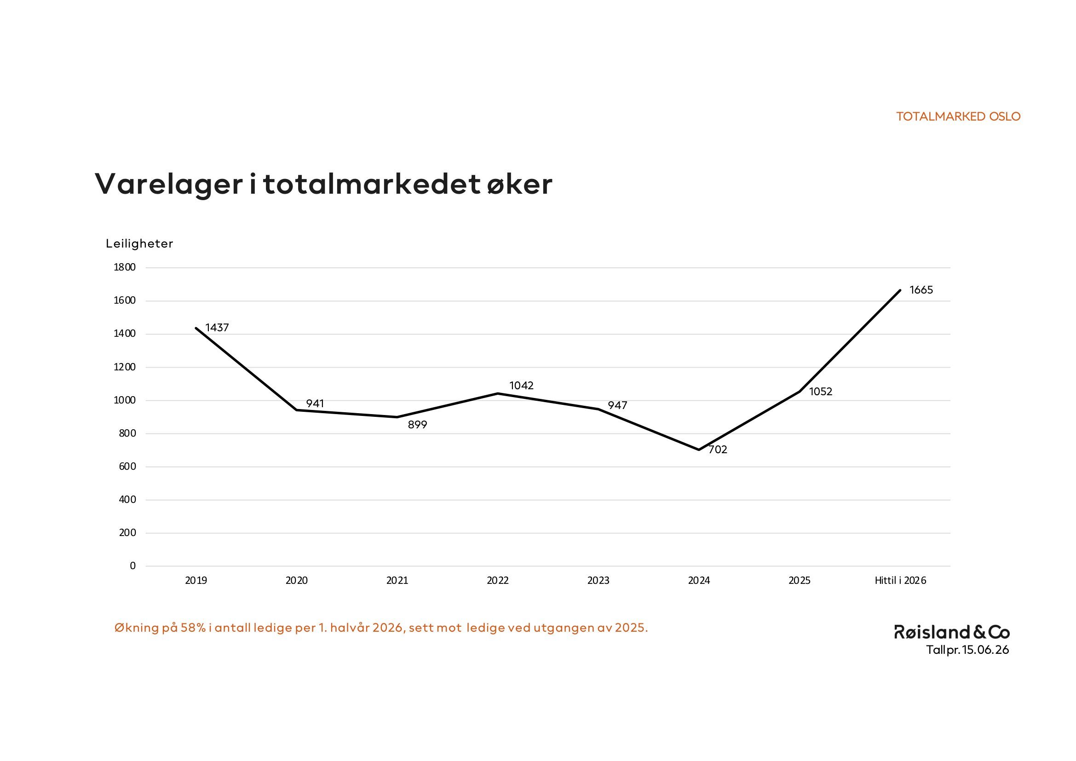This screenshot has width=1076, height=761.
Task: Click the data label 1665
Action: [x=921, y=290]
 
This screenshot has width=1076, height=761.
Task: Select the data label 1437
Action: [x=217, y=328]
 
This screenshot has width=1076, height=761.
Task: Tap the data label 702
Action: [x=718, y=450]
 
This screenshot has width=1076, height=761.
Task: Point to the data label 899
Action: [x=417, y=425]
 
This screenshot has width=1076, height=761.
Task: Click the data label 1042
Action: [x=521, y=386]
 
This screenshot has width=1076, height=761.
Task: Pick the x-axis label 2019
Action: [x=196, y=581]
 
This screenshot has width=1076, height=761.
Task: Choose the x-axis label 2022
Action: [x=498, y=581]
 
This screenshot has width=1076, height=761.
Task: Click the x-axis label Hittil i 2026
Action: [x=900, y=581]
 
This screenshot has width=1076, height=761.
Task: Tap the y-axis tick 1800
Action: [x=125, y=267]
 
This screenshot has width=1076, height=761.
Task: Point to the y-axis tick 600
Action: [x=127, y=466]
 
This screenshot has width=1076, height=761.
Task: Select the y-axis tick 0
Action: [x=132, y=565]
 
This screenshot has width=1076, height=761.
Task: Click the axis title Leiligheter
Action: [x=139, y=244]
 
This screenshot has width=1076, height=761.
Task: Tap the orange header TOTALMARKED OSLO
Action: [x=958, y=117]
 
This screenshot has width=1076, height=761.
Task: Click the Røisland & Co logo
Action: [x=952, y=632]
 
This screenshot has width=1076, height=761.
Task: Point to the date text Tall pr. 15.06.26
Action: [x=967, y=650]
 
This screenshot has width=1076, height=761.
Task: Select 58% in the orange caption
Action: [x=193, y=628]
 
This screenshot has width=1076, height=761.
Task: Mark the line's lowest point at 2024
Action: [x=699, y=450]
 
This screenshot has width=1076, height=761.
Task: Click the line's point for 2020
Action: [x=297, y=410]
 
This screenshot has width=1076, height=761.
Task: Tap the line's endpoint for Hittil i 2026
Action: [x=900, y=290]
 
